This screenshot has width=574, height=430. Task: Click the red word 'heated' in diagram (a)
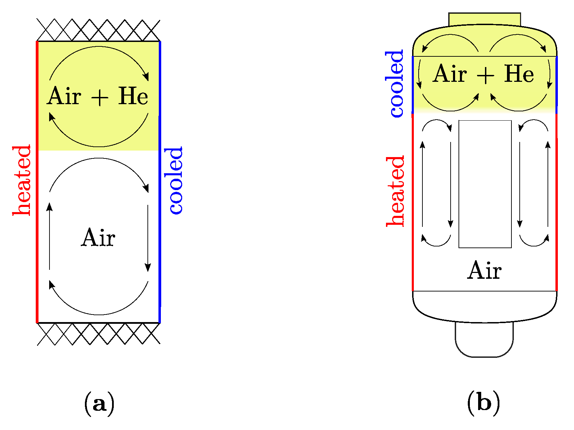(x=22, y=180)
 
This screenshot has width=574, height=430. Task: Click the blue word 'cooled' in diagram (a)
(x=175, y=180)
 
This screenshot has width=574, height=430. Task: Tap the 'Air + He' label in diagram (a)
(x=98, y=96)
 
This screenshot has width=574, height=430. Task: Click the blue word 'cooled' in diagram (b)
(x=396, y=84)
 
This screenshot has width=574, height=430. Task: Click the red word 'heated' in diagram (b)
(x=396, y=191)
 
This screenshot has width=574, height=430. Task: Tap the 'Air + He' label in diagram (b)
(x=484, y=74)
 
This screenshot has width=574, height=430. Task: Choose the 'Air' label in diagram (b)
(x=484, y=270)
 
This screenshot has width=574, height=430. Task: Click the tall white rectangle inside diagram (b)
(x=485, y=184)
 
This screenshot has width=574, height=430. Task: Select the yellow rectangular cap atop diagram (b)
(x=484, y=19)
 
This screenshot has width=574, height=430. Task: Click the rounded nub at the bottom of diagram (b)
(x=484, y=340)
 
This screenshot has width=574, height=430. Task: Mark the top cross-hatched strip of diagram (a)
(x=98, y=30)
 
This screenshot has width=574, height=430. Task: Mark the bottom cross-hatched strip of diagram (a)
(x=98, y=333)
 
